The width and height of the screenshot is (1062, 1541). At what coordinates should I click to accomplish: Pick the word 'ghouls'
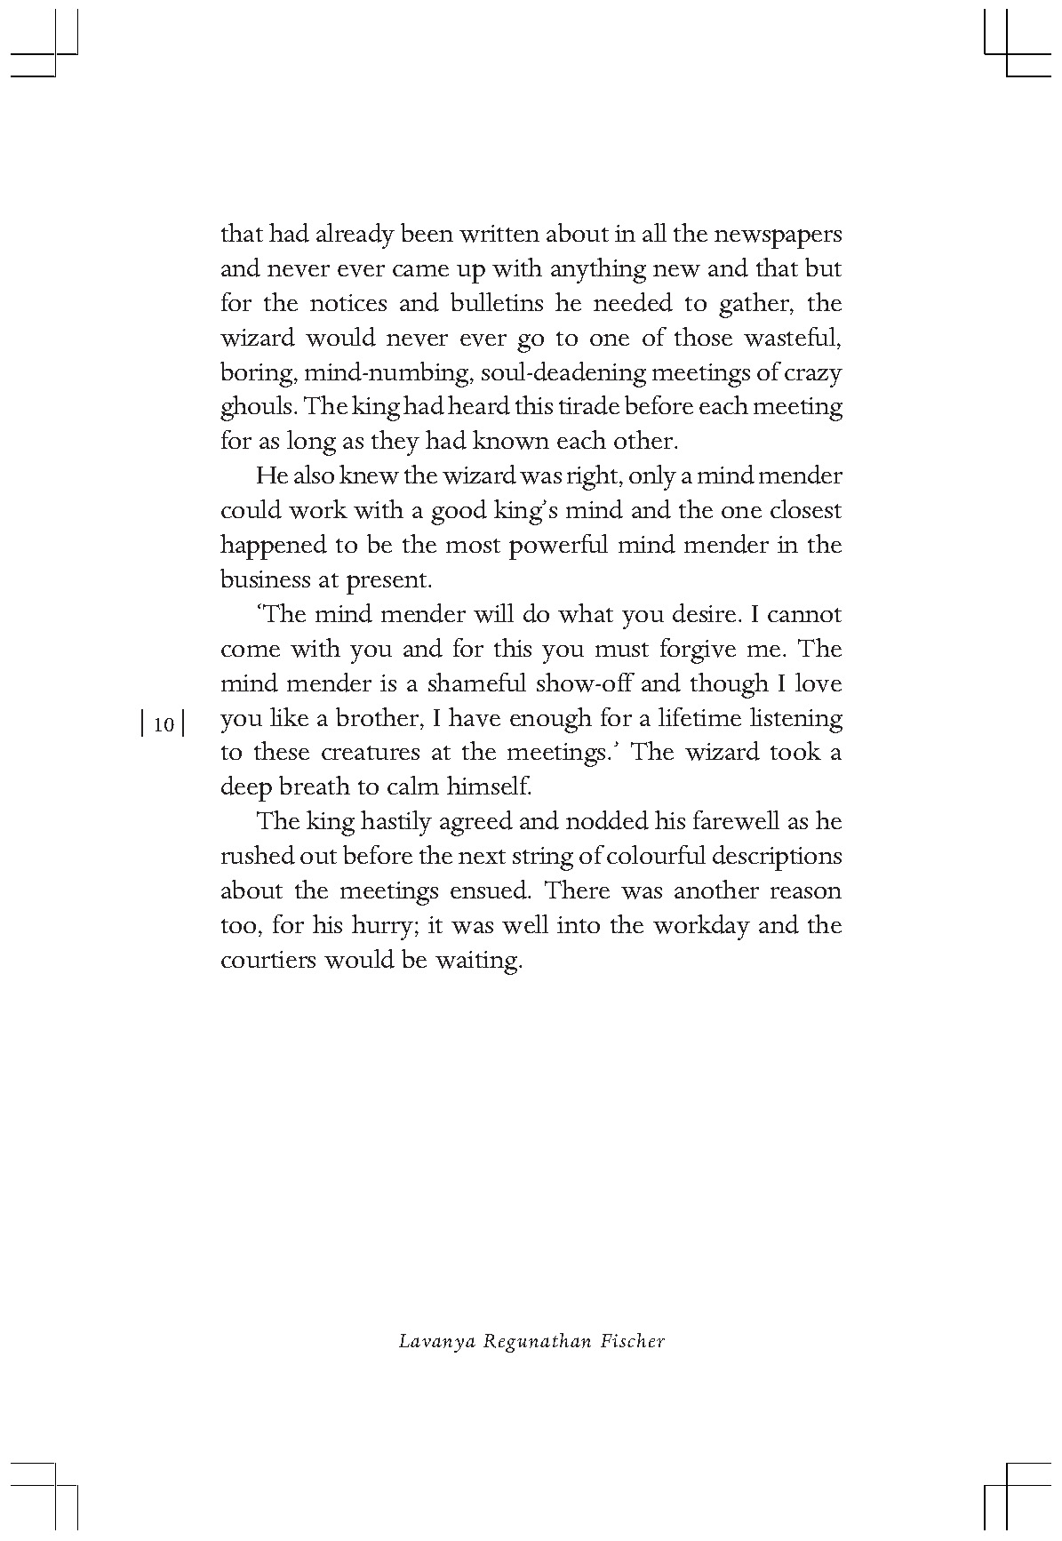(x=257, y=408)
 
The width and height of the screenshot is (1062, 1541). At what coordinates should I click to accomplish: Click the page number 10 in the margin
(x=163, y=724)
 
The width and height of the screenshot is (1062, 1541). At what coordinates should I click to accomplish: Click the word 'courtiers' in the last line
(x=267, y=960)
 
